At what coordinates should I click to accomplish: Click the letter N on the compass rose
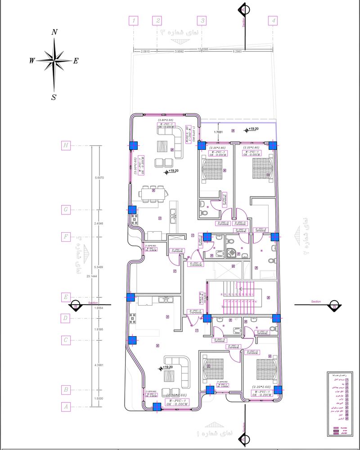54,32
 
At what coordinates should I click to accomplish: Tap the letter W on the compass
32,61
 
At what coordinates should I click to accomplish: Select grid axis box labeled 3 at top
202,21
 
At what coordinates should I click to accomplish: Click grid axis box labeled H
66,145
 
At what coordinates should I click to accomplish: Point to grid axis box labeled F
66,237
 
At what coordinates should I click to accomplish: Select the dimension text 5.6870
99,178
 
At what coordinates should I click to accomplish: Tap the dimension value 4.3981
99,365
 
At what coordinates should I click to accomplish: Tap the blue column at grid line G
132,210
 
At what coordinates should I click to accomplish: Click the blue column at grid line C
132,341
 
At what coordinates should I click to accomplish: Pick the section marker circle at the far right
334,305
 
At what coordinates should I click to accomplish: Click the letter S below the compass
54,97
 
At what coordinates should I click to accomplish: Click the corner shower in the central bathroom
231,253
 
